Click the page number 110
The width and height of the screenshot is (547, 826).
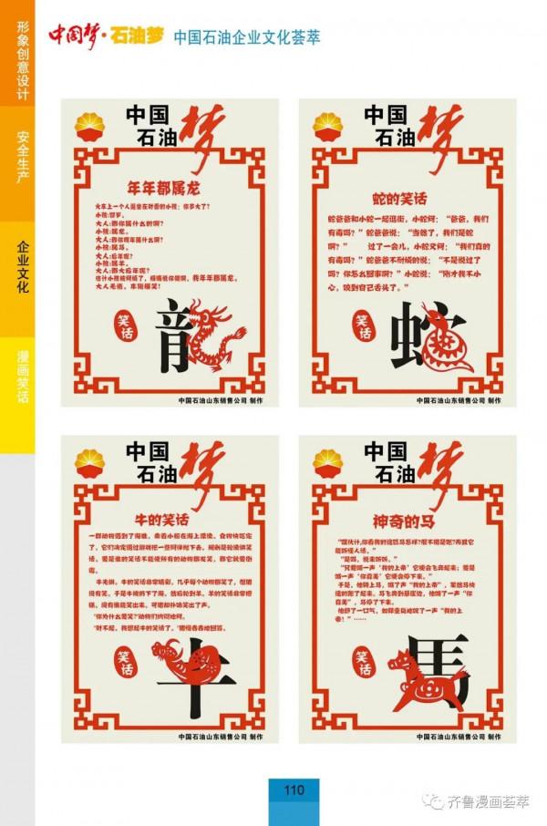(294, 790)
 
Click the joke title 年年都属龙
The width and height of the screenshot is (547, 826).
(168, 189)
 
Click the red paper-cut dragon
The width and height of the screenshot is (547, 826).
(215, 336)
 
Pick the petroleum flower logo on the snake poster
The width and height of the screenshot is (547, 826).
(329, 128)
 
